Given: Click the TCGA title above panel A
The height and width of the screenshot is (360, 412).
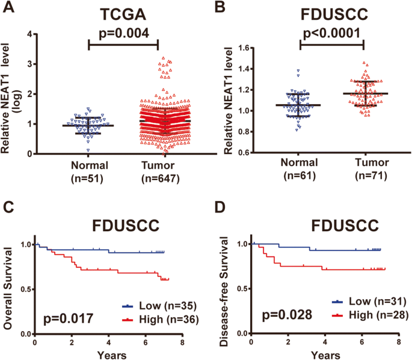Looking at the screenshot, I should click(123, 13).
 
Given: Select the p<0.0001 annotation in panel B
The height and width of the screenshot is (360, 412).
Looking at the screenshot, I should click(332, 31).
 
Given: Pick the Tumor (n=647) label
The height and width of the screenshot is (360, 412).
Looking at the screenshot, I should click(157, 171).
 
